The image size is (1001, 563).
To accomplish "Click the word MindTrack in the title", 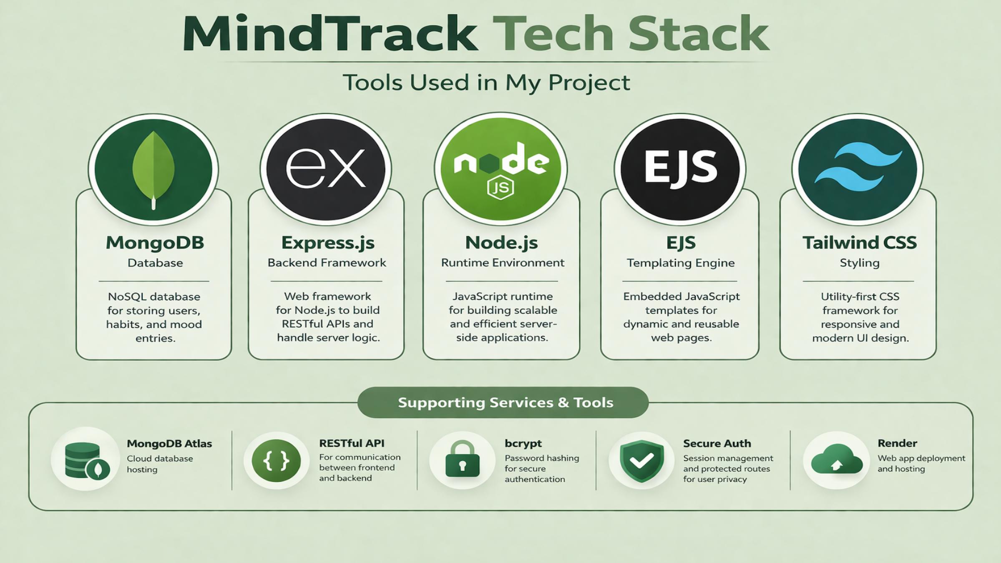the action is (330, 33).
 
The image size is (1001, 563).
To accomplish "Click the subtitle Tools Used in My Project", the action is (486, 83).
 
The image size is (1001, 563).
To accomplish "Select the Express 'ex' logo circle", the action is (326, 169).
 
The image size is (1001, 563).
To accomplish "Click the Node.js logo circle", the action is (500, 168).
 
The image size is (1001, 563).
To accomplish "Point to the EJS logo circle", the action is (680, 169).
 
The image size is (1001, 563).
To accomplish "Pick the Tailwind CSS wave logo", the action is (858, 167).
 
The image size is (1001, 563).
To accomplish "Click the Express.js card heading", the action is (328, 243).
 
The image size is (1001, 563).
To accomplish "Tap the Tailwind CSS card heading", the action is (860, 242).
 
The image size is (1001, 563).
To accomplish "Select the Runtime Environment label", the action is (503, 263).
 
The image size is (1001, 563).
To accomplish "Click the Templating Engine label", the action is (681, 263).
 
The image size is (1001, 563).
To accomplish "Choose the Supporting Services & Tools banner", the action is (503, 402).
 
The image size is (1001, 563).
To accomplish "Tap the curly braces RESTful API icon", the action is (276, 460).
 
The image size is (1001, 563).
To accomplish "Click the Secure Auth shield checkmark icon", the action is (641, 460).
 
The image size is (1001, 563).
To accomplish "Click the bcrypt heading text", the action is (523, 444).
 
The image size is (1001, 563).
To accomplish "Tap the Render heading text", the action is (897, 443).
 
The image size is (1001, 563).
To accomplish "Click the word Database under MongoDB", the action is (155, 263).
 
